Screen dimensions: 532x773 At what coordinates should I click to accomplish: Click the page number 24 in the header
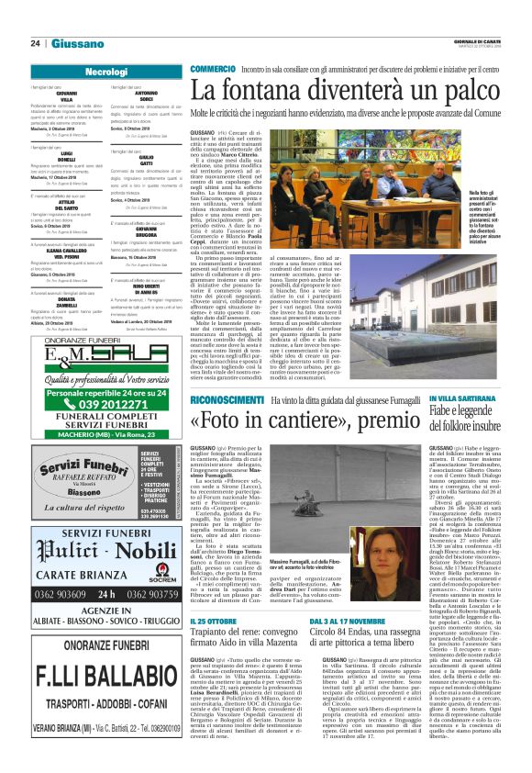(35, 43)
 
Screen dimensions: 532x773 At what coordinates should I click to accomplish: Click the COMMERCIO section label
(213, 69)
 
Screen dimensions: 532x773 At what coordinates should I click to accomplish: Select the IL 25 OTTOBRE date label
(213, 648)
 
